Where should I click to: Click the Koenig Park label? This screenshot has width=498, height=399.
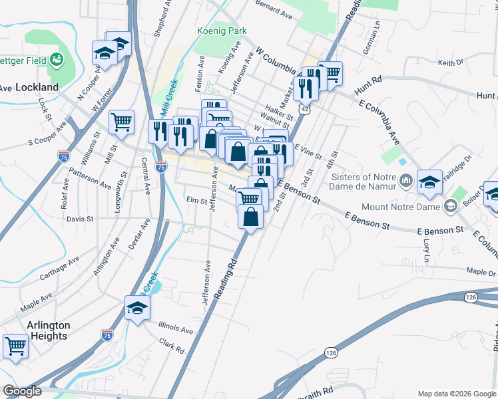(222, 31)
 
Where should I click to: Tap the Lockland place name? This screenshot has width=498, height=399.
(37, 87)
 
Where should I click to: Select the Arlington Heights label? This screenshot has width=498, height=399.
(48, 331)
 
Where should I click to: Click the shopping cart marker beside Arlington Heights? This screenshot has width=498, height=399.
(15, 344)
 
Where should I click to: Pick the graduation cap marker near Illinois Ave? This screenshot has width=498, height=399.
(137, 307)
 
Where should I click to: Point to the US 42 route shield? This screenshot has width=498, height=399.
(304, 108)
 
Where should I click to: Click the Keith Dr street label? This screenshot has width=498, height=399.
(450, 63)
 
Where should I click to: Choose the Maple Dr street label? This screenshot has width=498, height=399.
(481, 272)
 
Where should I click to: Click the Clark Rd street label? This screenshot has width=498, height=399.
(171, 344)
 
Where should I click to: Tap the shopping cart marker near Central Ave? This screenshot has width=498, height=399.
(121, 121)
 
